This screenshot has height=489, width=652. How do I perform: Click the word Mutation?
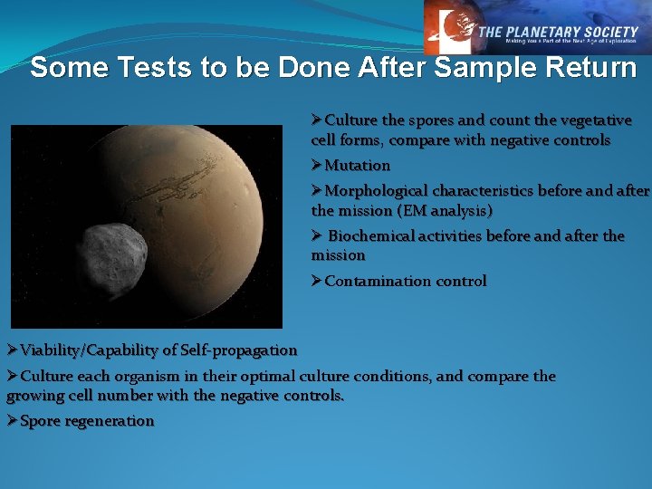[x=358, y=166]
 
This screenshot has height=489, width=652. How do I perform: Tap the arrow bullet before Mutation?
[x=317, y=166]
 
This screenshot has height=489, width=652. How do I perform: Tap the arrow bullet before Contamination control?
[x=317, y=281]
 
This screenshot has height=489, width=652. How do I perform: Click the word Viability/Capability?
[x=98, y=350]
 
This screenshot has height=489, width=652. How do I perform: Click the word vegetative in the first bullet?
[x=594, y=120]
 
